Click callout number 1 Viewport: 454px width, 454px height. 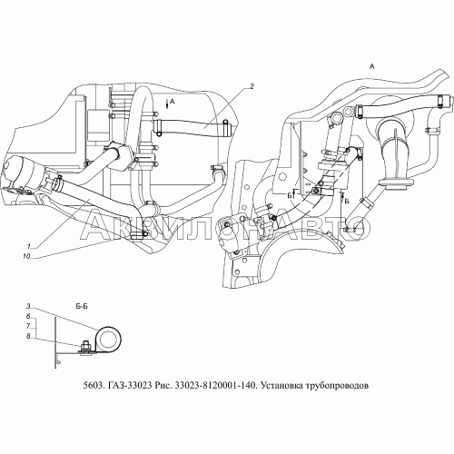tap(29, 246)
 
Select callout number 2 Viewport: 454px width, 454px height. tap(252, 86)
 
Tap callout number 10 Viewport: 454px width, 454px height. tap(26, 256)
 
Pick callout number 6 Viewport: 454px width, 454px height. tap(28, 316)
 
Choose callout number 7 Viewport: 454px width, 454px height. tap(28, 326)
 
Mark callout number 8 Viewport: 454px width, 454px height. tap(28, 336)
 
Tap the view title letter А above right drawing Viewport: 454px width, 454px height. tap(372, 66)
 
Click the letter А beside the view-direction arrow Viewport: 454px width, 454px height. tap(173, 102)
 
